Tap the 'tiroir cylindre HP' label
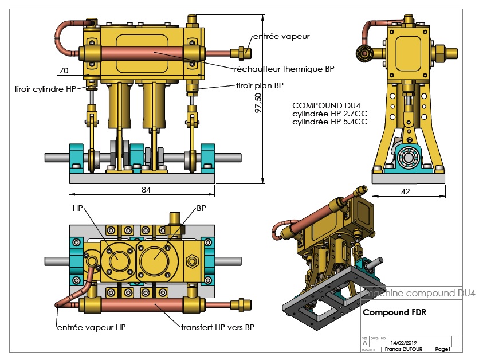45,89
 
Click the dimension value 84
146,190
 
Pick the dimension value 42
406,192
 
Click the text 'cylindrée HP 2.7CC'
329,114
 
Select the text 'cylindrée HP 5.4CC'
329,122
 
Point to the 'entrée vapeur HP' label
91,327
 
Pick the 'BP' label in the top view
201,208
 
